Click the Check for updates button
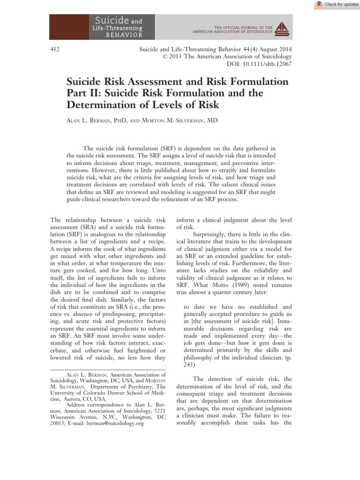point(337,4)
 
